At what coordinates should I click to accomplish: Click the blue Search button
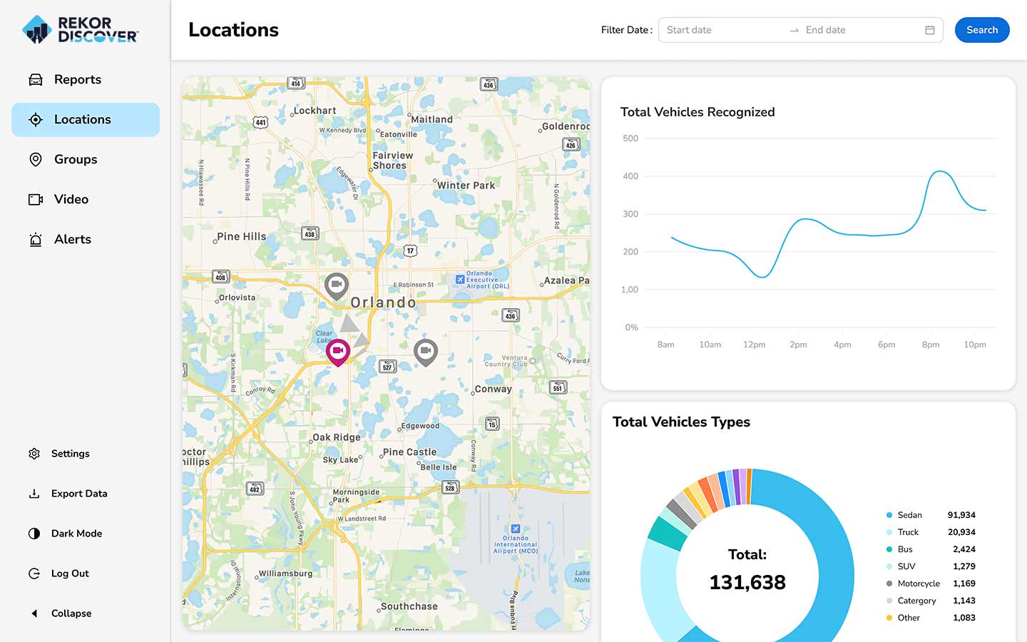(x=981, y=30)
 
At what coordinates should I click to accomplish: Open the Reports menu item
(x=77, y=80)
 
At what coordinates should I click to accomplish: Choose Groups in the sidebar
(x=75, y=160)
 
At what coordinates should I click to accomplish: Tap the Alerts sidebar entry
(x=72, y=240)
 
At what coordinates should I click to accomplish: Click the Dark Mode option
(x=76, y=534)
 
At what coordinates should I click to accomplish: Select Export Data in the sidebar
(x=78, y=494)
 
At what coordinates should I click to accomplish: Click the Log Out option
(x=70, y=574)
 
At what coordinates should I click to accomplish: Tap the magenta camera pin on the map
(x=338, y=351)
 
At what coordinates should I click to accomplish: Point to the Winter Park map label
(x=465, y=185)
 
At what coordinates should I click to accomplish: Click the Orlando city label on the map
(x=383, y=302)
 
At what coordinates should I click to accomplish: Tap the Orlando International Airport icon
(x=516, y=529)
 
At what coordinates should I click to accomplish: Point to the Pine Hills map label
(x=241, y=237)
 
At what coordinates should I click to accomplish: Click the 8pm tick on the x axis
(x=930, y=345)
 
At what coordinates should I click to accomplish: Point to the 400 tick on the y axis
(x=630, y=176)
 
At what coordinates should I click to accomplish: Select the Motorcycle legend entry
(x=918, y=584)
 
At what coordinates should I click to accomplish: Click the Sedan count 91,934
(x=961, y=515)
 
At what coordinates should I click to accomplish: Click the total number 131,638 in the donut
(x=747, y=582)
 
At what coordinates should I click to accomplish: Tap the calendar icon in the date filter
(x=929, y=30)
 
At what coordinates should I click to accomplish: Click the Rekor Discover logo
(x=81, y=30)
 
